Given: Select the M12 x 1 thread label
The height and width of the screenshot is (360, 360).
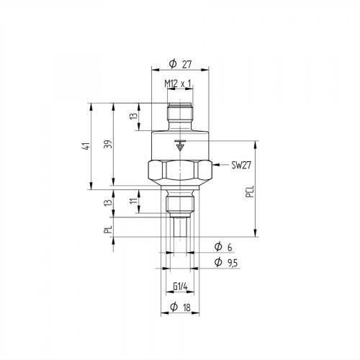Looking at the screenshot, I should point(178,84).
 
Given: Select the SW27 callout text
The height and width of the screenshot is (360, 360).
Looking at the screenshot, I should point(242,165).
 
